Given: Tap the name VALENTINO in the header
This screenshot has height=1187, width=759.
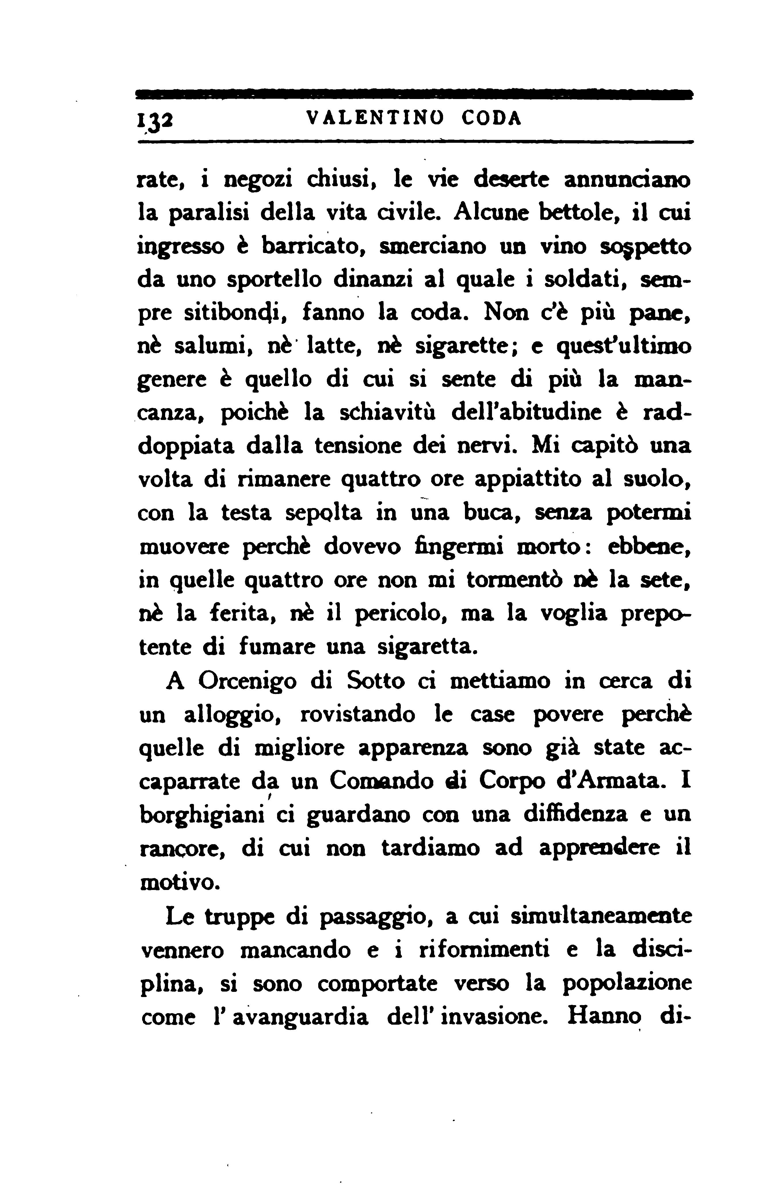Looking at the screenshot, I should pos(375,118).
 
